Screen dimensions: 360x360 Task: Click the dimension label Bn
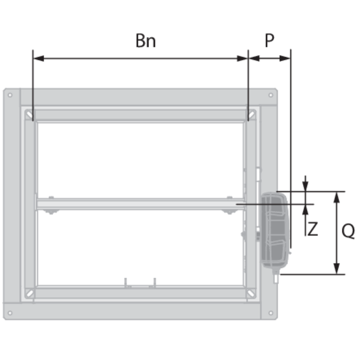click(146, 41)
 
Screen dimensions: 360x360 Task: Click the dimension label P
click(269, 40)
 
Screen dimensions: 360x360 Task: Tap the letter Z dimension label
click(313, 229)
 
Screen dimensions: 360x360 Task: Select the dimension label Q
click(348, 231)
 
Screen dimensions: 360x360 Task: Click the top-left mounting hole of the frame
click(10, 95)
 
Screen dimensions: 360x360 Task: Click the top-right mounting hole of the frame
click(271, 95)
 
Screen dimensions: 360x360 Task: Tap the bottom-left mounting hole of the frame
click(10, 313)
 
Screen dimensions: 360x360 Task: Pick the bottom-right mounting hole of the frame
click(271, 313)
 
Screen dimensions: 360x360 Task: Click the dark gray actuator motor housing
click(274, 230)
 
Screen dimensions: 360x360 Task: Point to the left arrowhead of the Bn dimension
click(38, 59)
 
